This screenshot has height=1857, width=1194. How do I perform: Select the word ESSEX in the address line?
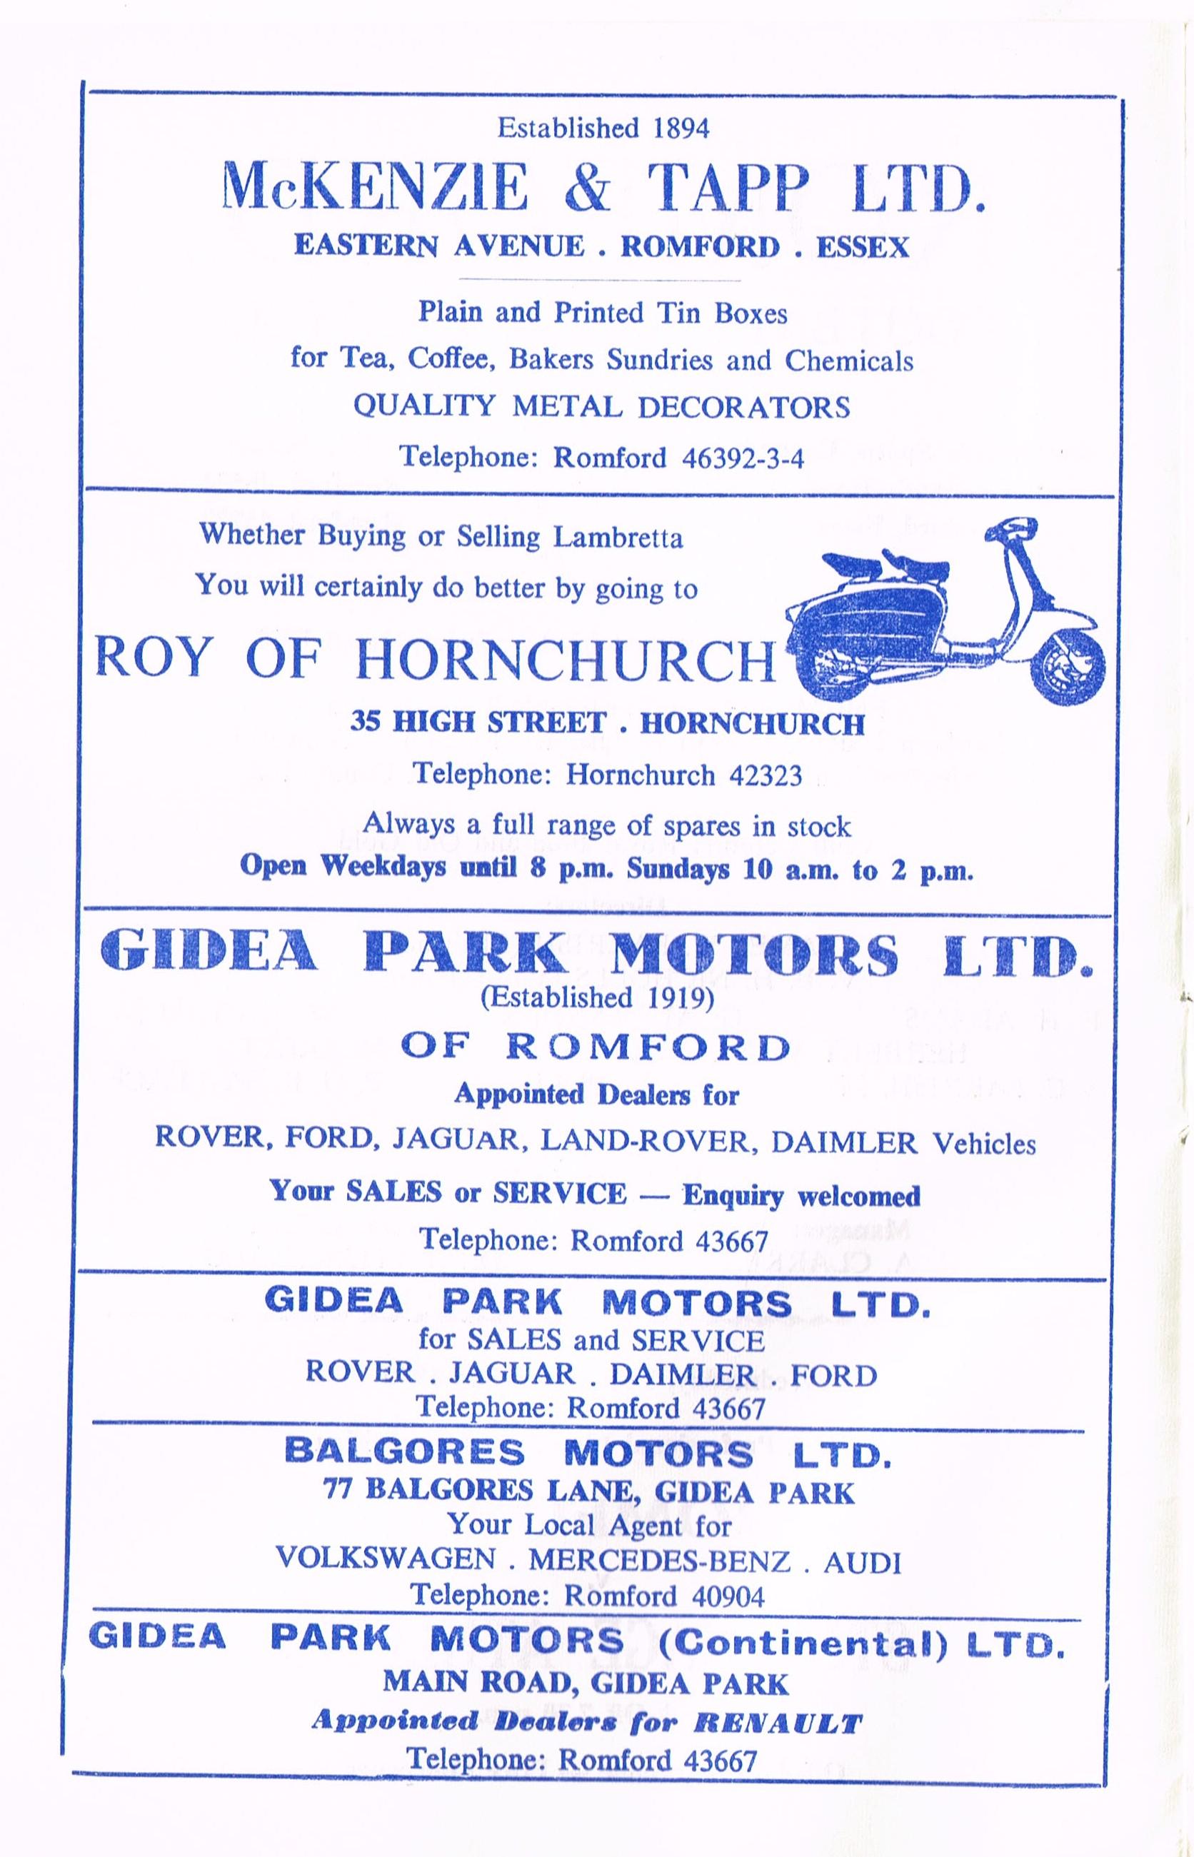[x=861, y=247]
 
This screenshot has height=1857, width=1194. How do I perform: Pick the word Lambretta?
[x=618, y=537]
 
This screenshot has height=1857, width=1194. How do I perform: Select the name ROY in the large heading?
[x=152, y=660]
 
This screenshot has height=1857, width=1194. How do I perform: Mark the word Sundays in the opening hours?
[x=678, y=869]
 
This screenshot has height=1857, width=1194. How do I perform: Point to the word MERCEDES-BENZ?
[x=659, y=1560]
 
